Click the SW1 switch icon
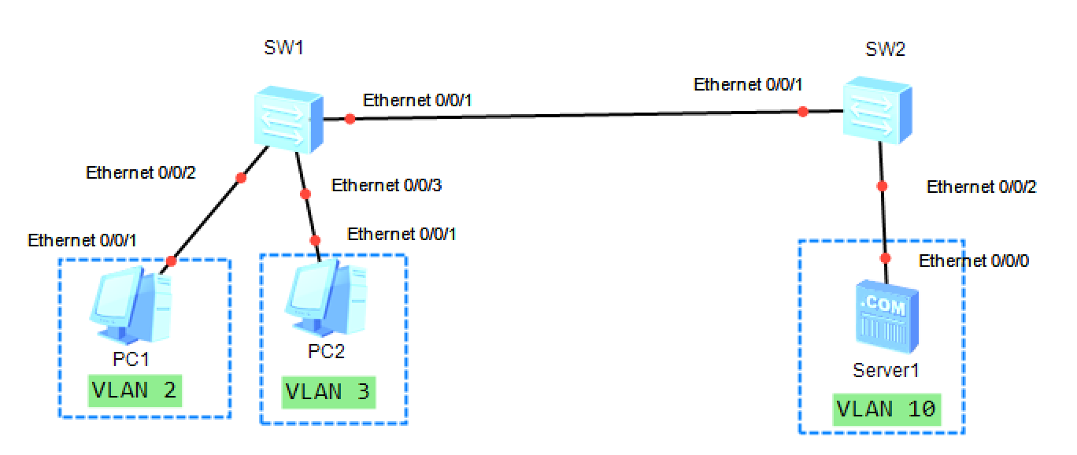pyautogui.click(x=289, y=120)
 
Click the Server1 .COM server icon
pyautogui.click(x=887, y=320)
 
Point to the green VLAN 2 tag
pyautogui.click(x=135, y=390)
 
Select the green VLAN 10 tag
pyautogui.click(x=886, y=409)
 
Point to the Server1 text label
pyautogui.click(x=886, y=369)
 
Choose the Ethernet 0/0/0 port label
pyautogui.click(x=974, y=261)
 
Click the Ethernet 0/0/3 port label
pyautogui.click(x=387, y=186)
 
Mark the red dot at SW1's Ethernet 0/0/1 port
pyautogui.click(x=350, y=120)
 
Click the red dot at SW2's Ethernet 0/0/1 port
pyautogui.click(x=802, y=112)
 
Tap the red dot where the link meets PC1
pyautogui.click(x=171, y=261)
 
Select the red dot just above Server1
pyautogui.click(x=886, y=258)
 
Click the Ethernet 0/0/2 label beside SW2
pyautogui.click(x=982, y=187)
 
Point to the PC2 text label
pyautogui.click(x=327, y=351)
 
